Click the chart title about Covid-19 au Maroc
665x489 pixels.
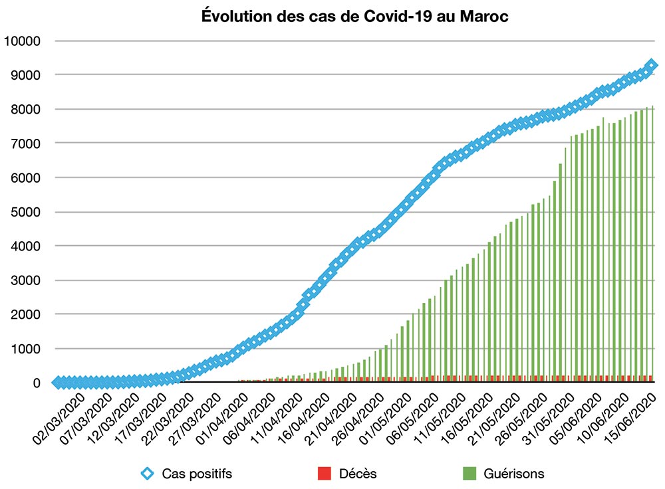354,17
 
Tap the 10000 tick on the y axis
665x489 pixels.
23,41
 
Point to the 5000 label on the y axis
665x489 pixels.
26,212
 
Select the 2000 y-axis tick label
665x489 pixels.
26,314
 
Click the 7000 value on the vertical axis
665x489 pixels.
26,144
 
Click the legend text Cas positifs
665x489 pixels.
197,474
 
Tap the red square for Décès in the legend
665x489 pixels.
324,474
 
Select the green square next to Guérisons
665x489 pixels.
469,474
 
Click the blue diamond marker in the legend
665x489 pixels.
147,474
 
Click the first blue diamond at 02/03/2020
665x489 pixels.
58,383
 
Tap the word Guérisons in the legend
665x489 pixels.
514,474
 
